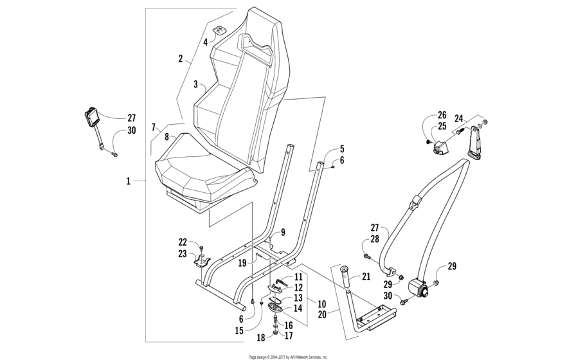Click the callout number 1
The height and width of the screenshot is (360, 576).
(x=129, y=182)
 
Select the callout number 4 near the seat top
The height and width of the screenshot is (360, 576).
(x=206, y=42)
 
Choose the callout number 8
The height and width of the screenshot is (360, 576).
(x=166, y=136)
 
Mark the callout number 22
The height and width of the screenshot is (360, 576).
(x=183, y=242)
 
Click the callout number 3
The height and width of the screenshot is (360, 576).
(x=195, y=84)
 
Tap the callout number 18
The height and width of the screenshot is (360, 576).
(x=261, y=337)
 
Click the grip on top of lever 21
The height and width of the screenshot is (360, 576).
(x=344, y=269)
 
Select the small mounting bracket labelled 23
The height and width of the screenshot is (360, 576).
(x=202, y=262)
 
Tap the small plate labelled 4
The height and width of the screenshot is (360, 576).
(x=220, y=31)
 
